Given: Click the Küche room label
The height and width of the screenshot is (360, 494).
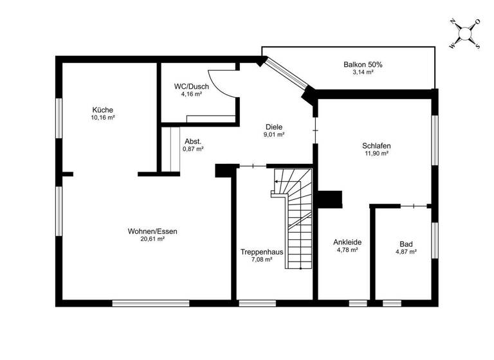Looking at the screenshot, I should (102, 109).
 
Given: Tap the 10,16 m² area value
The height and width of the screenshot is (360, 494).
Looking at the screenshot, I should (102, 118).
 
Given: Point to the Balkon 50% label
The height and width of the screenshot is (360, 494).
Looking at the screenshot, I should (363, 64).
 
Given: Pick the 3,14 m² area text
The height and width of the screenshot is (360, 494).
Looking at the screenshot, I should (363, 73).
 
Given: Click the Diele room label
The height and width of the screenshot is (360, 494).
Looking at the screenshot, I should (274, 127).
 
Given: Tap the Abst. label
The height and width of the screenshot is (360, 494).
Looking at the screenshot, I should (193, 141).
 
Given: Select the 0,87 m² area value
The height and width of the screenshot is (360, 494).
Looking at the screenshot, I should (193, 149).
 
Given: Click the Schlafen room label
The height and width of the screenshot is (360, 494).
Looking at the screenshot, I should (376, 145).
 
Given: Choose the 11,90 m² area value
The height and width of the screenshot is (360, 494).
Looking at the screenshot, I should (376, 154).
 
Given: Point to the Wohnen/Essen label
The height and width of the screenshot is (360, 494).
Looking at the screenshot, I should (152, 231).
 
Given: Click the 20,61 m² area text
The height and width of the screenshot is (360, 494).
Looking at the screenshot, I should (152, 239).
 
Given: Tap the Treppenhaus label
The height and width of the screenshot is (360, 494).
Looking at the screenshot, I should (262, 251).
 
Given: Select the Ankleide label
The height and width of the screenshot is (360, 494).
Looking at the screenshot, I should (347, 242).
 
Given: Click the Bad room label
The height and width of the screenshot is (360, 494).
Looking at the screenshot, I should (406, 244).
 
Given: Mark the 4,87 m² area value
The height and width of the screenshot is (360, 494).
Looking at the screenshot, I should (406, 253).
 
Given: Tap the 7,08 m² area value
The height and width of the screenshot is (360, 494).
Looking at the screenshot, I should (262, 260).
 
